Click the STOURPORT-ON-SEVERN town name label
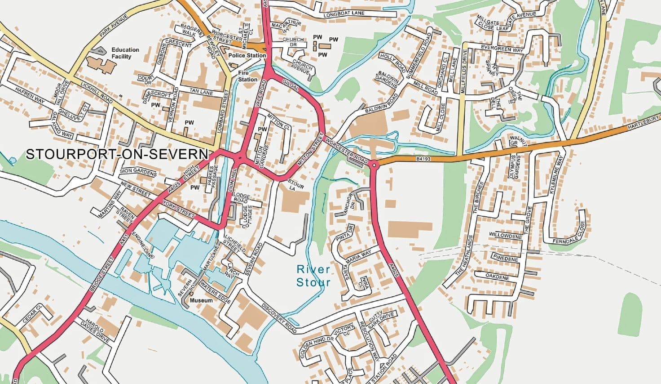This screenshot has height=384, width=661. coord(117,154)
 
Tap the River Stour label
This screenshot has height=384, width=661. coord(313,276)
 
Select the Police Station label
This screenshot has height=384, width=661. coord(247,55)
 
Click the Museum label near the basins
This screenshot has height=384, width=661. coord(201,300)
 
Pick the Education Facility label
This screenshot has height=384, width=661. coord(125,53)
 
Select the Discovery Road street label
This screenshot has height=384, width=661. coord(279,319)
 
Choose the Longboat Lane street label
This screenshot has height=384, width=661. coord(344,14)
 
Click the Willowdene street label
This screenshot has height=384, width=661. coord(505,235)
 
